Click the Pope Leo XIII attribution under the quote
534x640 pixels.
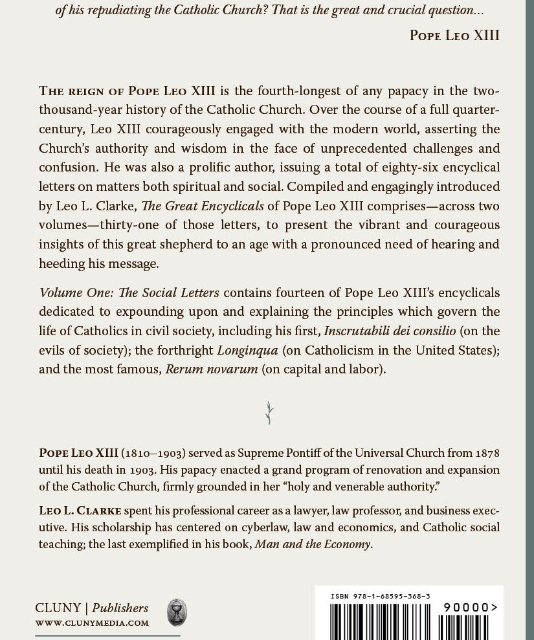[x=454, y=35]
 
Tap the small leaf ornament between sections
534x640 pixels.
[x=269, y=413]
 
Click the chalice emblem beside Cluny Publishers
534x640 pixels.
[x=177, y=612]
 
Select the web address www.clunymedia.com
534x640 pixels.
[x=92, y=623]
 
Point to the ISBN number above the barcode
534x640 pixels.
[x=381, y=596]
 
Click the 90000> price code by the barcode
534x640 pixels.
[x=470, y=607]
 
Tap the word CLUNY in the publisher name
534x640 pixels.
[x=58, y=608]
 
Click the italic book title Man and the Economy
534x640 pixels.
[x=313, y=544]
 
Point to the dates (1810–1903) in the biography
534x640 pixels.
[x=153, y=452]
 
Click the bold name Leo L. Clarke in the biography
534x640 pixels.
[x=80, y=511]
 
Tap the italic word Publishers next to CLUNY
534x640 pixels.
[x=120, y=608]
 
